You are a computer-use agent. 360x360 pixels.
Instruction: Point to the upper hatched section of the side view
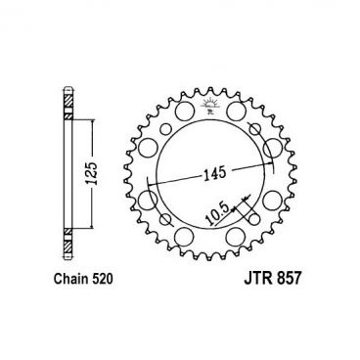68,100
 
